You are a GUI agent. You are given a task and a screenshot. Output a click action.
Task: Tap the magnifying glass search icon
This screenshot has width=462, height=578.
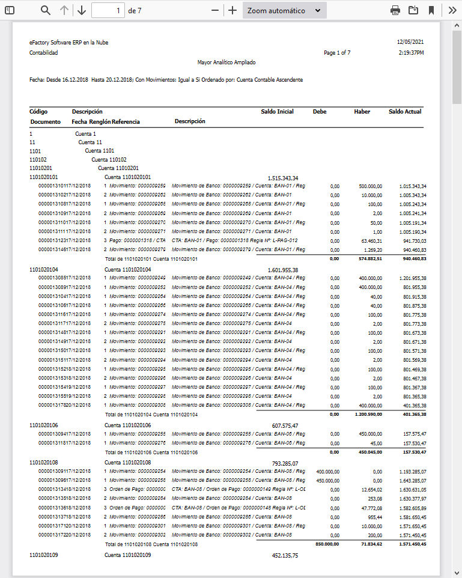coord(46,10)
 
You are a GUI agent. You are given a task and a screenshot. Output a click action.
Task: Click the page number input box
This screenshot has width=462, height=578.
coord(108,10)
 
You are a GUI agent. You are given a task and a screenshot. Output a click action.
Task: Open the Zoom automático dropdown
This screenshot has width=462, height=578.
coord(284,10)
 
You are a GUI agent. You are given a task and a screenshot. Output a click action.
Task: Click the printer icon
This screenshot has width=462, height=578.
coord(395,10)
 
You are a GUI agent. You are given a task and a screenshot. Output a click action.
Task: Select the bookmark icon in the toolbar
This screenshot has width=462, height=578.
coord(431,10)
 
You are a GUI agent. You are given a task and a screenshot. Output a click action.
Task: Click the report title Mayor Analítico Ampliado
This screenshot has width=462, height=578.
coord(226,62)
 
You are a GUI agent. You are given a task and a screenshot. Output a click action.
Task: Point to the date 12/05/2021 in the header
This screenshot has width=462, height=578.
coord(410,43)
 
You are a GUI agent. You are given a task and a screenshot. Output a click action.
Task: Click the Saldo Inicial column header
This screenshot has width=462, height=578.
coord(277,111)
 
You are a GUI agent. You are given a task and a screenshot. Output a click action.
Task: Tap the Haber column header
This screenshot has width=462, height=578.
coord(362,111)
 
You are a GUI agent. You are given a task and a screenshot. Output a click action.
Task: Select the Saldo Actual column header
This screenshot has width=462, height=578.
coord(405,111)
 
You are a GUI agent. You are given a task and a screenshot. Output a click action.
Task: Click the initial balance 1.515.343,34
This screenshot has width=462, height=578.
coord(283,178)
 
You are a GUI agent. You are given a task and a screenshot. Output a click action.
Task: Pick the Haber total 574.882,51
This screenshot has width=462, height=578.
coord(371,259)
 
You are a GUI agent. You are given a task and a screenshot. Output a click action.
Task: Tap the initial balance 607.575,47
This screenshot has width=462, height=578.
coord(285,425)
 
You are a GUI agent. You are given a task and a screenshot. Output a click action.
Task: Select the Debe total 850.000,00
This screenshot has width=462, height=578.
coord(327,544)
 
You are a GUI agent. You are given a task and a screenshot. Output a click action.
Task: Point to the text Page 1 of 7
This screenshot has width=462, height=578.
coord(337,53)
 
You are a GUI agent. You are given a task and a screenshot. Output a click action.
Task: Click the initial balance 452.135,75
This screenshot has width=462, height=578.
coord(285,555)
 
